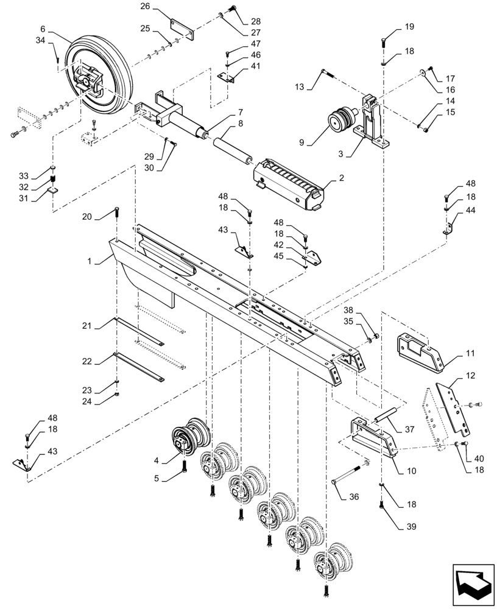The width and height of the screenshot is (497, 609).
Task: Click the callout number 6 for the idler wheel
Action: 42,29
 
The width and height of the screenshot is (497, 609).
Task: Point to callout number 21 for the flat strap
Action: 86,327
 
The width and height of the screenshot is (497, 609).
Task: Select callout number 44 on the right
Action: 471,210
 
